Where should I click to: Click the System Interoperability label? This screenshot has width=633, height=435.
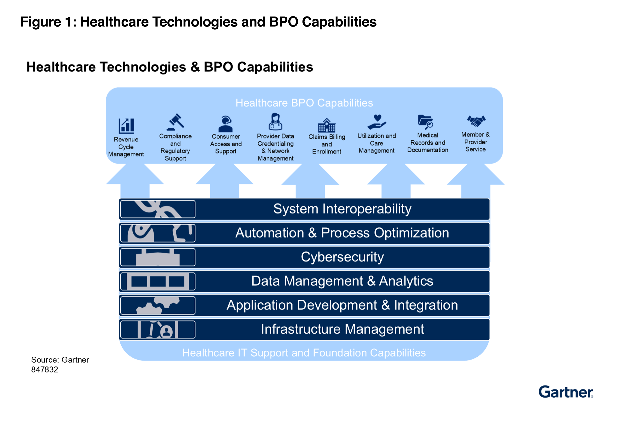click(342, 209)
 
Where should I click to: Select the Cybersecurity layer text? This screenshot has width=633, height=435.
click(342, 257)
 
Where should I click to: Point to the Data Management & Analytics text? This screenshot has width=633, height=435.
click(342, 281)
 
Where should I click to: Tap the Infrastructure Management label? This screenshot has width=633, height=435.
click(342, 329)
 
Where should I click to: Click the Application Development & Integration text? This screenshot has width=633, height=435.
click(342, 305)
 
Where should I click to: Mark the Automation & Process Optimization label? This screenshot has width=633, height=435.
click(342, 233)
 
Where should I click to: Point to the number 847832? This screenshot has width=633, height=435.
click(45, 370)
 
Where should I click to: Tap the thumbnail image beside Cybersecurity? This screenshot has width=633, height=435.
click(158, 257)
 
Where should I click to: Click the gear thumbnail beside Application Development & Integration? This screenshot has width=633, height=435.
click(158, 305)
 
